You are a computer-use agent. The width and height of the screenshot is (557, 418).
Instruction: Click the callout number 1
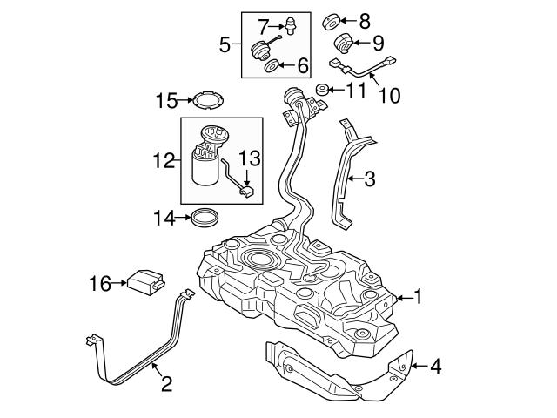point(417,298)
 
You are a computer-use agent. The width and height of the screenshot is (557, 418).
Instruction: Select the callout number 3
point(370,180)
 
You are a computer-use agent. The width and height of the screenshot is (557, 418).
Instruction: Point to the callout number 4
point(434,367)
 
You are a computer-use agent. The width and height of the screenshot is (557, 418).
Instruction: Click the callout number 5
point(225,43)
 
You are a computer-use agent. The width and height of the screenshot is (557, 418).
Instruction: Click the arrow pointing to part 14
point(180,216)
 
